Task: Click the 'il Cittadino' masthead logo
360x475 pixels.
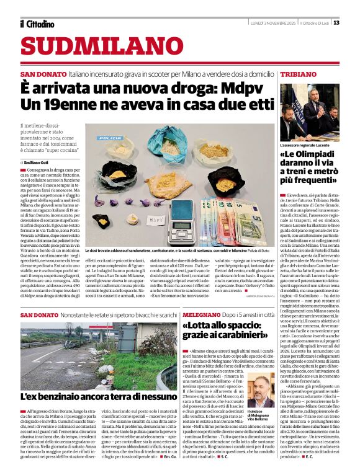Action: click(37, 24)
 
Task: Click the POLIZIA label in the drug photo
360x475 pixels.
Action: click(110, 138)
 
